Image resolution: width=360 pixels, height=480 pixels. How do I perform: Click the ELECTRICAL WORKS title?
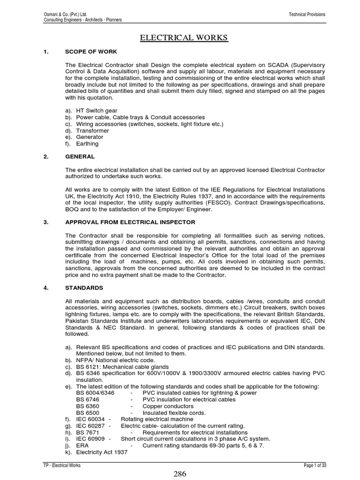pos(184,37)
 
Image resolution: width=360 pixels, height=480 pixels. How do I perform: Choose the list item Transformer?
pos(92,130)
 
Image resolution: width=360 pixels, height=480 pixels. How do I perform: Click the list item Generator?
pos(90,137)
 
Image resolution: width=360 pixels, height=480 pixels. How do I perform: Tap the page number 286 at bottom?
pos(180,473)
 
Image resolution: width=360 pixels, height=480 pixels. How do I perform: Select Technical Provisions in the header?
pos(307,15)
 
